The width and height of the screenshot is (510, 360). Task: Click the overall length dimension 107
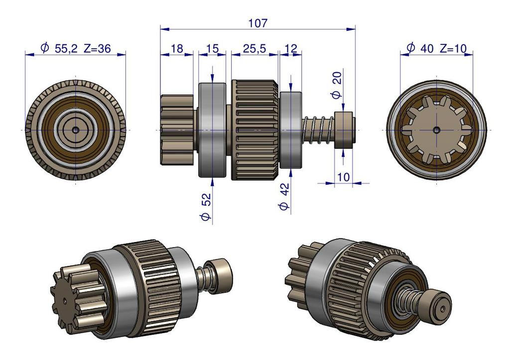pos(257,23)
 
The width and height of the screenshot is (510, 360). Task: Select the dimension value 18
pos(177,49)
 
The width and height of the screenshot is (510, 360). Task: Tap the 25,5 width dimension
pos(255,49)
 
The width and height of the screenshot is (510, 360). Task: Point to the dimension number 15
pos(213,49)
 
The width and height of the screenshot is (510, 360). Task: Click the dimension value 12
pos(290,49)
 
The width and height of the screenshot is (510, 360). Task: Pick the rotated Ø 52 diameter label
pos(206,207)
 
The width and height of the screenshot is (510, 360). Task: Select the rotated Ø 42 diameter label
pos(284,196)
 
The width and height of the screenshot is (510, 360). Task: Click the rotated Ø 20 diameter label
pos(336,85)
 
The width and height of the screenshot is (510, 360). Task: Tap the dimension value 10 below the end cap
pos(343,177)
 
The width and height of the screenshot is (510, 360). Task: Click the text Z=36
pos(97,48)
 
